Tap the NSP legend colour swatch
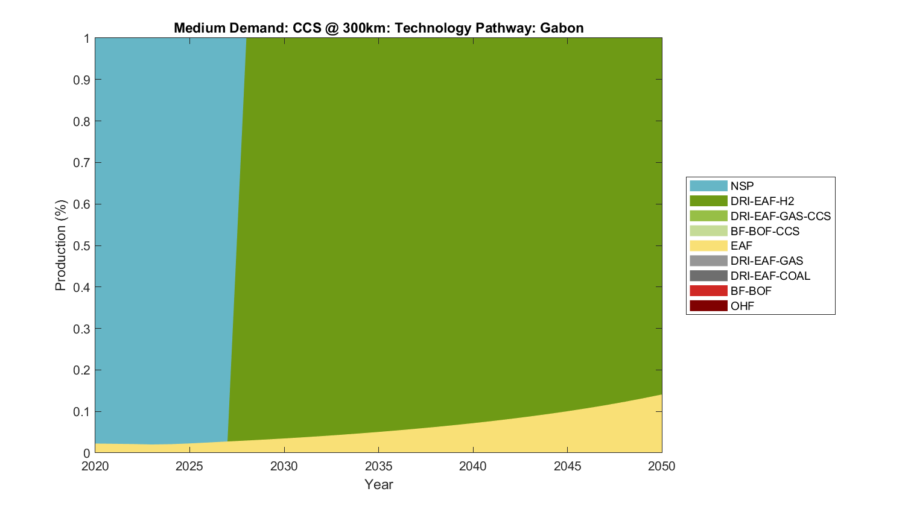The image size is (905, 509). (x=708, y=186)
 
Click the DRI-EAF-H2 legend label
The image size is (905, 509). (x=762, y=201)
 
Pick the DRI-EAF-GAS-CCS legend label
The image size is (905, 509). (x=780, y=216)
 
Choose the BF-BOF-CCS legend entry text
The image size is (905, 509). (x=764, y=231)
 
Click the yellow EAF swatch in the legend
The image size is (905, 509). (x=708, y=245)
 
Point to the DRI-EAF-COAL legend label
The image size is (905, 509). (x=770, y=276)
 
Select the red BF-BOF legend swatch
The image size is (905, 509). (x=708, y=291)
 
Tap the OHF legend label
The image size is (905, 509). (x=742, y=306)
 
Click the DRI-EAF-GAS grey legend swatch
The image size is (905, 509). (x=708, y=261)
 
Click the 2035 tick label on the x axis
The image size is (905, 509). (x=378, y=466)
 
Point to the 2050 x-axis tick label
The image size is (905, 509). (x=662, y=466)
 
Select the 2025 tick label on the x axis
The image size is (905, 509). (x=189, y=466)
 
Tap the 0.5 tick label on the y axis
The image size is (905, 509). (x=81, y=245)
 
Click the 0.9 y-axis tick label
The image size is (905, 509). (x=81, y=80)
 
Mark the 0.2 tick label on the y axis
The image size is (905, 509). (x=81, y=370)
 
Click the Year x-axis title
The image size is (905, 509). (x=378, y=484)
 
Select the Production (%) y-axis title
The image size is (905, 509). (x=60, y=245)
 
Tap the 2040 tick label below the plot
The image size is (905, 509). (x=473, y=466)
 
